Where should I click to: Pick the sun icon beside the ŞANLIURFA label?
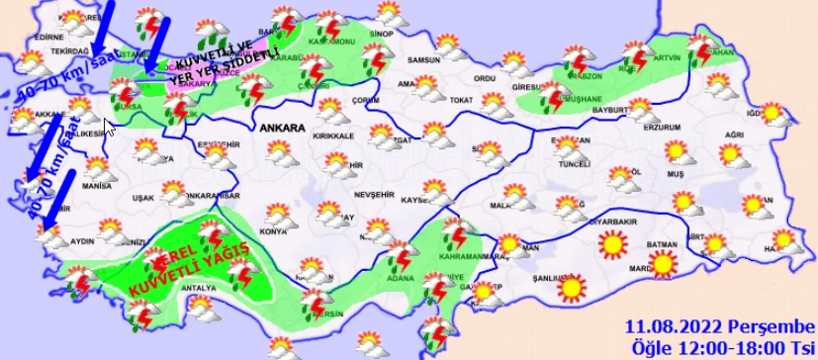click(x=571, y=288)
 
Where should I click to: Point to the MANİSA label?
click(x=97, y=186)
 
